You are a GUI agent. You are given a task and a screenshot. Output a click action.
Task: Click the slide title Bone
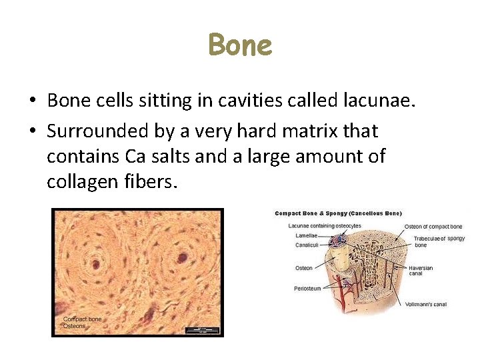tap(240, 46)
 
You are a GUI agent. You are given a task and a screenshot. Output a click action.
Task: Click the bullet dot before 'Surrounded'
tap(32, 131)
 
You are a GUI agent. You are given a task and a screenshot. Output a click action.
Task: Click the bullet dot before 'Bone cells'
tap(32, 101)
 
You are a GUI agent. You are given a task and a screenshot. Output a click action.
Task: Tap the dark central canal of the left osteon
tap(95, 265)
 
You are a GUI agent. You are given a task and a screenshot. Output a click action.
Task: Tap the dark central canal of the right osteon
tap(181, 257)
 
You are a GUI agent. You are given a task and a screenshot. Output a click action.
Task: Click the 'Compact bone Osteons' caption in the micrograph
tap(82, 322)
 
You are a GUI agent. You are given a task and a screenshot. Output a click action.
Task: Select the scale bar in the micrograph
tap(200, 329)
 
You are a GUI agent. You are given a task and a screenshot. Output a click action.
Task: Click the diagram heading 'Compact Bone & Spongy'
tap(338, 213)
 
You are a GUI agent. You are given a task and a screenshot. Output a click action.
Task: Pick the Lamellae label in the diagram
tap(306, 235)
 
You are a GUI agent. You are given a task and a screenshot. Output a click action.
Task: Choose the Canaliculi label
tap(307, 245)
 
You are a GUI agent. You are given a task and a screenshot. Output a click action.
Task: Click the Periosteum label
tap(307, 289)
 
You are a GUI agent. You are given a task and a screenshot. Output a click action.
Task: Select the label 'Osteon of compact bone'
tap(433, 227)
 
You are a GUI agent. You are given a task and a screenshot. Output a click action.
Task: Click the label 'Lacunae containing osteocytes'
tap(324, 226)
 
